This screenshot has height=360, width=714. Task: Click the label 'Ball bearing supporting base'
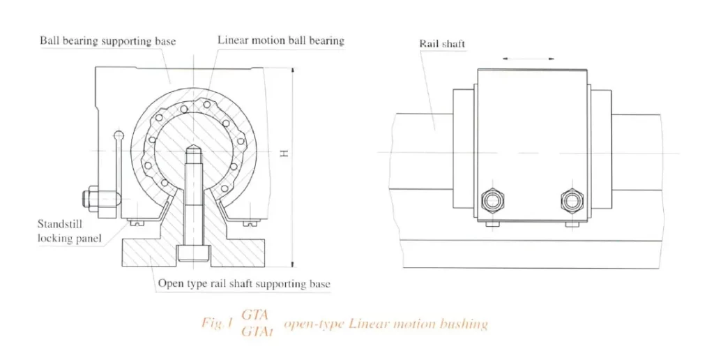coord(109,41)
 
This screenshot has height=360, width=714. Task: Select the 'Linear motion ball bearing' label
coord(281,40)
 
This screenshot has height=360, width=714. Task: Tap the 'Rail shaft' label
coord(442,44)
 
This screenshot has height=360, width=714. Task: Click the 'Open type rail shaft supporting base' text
coord(244,284)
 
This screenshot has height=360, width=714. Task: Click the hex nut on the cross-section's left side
coord(91,198)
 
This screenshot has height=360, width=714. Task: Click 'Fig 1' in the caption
coord(216,324)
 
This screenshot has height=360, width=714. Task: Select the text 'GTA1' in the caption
coord(256,332)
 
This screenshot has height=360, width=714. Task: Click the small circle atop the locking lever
coord(119,135)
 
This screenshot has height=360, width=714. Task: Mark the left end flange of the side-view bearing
coord(464,153)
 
